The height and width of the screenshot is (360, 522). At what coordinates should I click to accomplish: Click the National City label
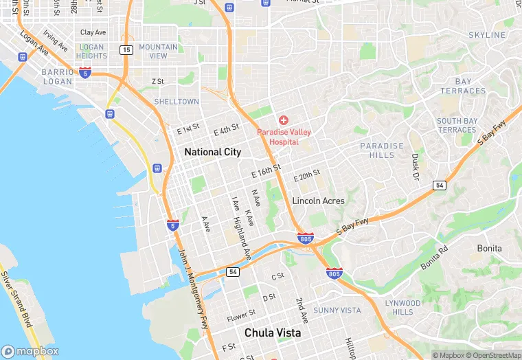[212, 152]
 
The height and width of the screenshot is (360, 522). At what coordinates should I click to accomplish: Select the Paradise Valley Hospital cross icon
[283, 120]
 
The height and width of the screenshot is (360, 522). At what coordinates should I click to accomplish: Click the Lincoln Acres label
[319, 201]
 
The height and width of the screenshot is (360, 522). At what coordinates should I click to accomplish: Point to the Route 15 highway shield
[126, 49]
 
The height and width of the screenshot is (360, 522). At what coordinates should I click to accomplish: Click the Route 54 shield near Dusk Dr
[439, 185]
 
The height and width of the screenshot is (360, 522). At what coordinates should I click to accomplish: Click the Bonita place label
[489, 248]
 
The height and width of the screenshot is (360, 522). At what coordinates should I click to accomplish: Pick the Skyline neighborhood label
[487, 34]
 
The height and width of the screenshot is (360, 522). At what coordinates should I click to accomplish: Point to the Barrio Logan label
[56, 76]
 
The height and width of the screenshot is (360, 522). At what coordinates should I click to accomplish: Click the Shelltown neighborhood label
[177, 101]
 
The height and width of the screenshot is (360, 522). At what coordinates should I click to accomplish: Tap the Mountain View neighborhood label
[158, 51]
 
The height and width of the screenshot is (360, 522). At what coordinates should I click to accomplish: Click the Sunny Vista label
[337, 311]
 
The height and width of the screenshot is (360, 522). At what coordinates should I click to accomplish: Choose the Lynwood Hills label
[402, 307]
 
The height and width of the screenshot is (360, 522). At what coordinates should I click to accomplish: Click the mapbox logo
[30, 350]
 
